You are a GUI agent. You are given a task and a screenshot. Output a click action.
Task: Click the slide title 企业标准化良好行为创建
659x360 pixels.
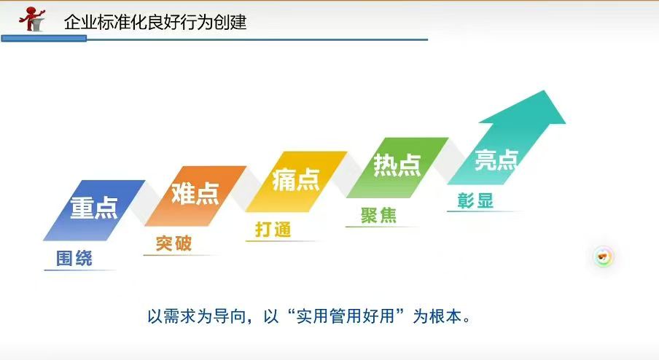(x=155, y=22)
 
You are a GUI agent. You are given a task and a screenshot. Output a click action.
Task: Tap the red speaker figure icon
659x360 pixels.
(x=32, y=19)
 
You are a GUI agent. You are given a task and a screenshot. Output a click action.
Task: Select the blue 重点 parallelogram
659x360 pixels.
(x=94, y=210)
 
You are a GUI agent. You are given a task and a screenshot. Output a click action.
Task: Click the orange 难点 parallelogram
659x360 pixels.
(x=195, y=196)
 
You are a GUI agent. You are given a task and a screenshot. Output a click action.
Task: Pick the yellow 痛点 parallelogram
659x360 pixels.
(x=296, y=181)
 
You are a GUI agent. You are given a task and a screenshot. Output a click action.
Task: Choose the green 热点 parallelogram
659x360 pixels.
(x=397, y=167)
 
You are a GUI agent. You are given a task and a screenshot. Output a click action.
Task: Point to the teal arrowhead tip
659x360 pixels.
(x=545, y=91)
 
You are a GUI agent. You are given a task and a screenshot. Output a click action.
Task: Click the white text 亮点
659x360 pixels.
(x=496, y=160)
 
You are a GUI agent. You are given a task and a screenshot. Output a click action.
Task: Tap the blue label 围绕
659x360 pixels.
(x=74, y=258)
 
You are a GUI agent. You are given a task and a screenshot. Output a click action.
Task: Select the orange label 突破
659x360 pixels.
(x=173, y=243)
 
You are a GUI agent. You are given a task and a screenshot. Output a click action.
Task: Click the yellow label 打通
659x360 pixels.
(x=273, y=230)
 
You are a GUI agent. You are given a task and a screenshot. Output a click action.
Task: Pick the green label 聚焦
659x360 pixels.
(x=378, y=215)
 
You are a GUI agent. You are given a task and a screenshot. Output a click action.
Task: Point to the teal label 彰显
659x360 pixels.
(x=475, y=201)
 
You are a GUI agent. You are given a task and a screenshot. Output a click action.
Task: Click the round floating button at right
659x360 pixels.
(x=604, y=257)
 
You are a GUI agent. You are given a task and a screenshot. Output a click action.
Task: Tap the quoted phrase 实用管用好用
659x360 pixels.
(x=346, y=316)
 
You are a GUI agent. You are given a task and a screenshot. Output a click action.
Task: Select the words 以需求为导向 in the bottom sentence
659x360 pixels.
(x=196, y=316)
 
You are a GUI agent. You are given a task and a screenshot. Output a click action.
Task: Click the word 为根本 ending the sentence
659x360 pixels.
(x=437, y=316)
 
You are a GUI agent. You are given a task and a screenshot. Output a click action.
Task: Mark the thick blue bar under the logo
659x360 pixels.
(x=44, y=39)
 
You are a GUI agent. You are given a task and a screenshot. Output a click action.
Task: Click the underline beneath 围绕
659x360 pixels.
(x=80, y=270)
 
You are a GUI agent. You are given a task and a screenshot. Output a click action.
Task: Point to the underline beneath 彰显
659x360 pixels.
(x=483, y=211)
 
